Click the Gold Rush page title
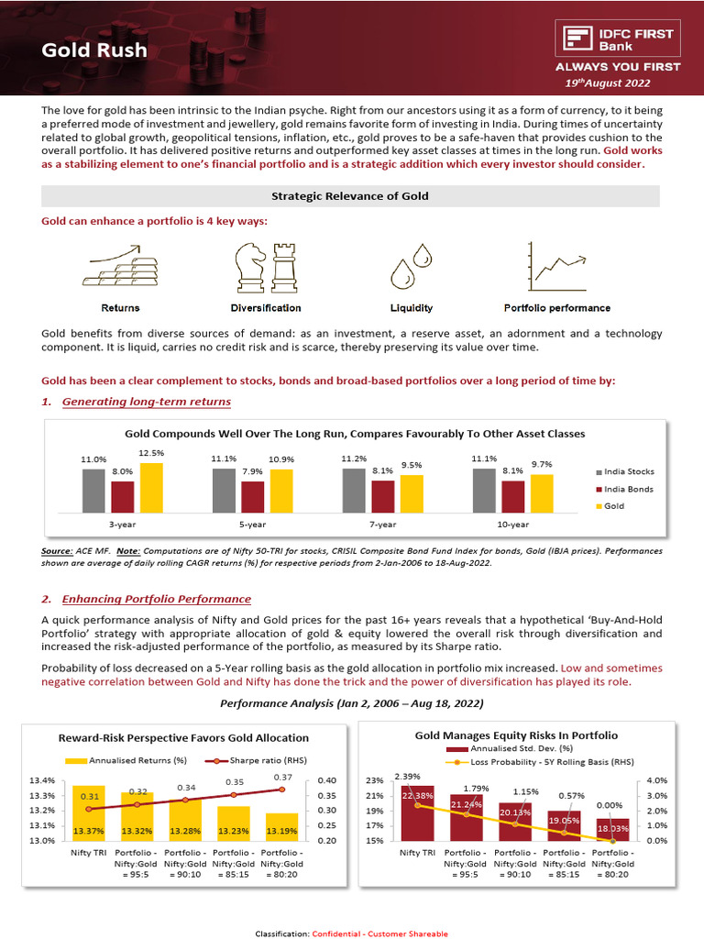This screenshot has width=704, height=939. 94,50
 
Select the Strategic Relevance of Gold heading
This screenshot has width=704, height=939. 350,196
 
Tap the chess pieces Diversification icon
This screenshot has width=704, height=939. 265,266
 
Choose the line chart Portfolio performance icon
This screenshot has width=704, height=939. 557,266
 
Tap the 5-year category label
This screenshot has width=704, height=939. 253,525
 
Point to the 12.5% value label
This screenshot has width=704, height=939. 151,453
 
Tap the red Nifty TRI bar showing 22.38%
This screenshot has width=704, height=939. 416,812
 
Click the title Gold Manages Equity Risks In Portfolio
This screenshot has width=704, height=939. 516,735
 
